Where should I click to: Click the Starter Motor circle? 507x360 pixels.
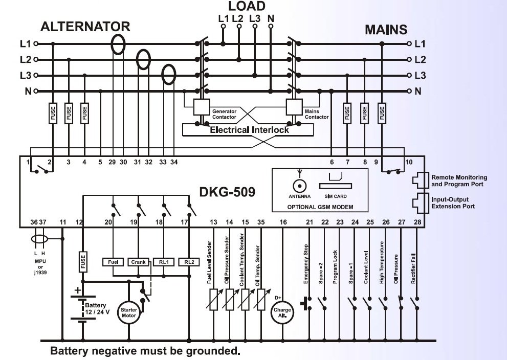click(x=129, y=312)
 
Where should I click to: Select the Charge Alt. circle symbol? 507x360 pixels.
click(x=282, y=312)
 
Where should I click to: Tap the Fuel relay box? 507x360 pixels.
click(x=113, y=262)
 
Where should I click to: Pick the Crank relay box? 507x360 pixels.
click(x=139, y=262)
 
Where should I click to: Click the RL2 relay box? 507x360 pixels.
click(x=189, y=262)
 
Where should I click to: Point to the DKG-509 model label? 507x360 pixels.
click(x=227, y=192)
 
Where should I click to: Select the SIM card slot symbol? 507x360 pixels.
click(x=336, y=186)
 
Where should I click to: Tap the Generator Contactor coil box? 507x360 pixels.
click(x=202, y=107)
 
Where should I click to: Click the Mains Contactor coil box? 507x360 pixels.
click(x=294, y=107)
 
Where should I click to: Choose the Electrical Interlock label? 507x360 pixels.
click(x=249, y=130)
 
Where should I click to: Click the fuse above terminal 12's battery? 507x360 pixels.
click(x=83, y=262)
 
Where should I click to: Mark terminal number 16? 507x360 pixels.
click(x=283, y=222)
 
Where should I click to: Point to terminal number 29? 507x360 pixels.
click(x=112, y=162)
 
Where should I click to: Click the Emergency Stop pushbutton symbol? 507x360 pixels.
click(x=306, y=304)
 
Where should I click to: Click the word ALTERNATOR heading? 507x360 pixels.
click(x=85, y=27)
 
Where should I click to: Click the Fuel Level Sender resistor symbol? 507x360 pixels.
click(x=214, y=300)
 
